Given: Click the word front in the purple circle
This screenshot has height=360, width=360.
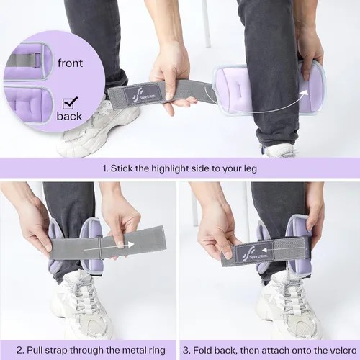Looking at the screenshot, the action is pyautogui.click(x=70, y=63).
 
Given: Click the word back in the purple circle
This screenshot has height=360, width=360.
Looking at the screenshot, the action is pyautogui.click(x=69, y=116).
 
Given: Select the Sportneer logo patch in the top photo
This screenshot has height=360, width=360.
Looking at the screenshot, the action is pyautogui.click(x=143, y=94).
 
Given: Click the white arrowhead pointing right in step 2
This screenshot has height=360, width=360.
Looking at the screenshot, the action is pyautogui.click(x=130, y=245).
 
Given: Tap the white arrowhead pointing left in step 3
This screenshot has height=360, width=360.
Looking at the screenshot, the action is pyautogui.click(x=264, y=251).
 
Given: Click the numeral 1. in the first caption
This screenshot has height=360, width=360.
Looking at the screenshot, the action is pyautogui.click(x=105, y=168).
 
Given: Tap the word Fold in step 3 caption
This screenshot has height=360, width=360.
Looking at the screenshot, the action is pyautogui.click(x=202, y=350).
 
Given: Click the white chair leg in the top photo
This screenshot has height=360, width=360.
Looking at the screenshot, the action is pyautogui.click(x=206, y=24).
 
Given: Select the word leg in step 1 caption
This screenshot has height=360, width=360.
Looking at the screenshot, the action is pyautogui.click(x=251, y=169).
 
